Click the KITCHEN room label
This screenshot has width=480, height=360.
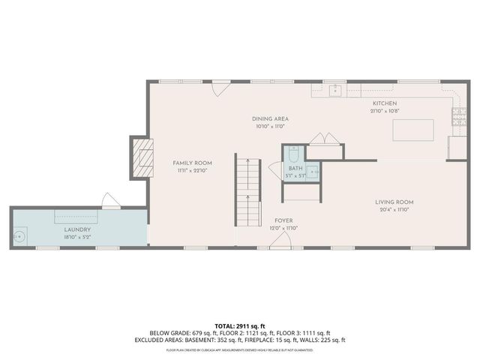pos(385,103)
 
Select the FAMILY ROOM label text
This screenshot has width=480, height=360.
pos(192,163)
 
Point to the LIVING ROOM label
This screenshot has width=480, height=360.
pos(394,202)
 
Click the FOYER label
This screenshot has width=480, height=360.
pos(283,220)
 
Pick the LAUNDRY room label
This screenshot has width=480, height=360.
pos(77,229)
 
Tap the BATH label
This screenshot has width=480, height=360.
pos(295,169)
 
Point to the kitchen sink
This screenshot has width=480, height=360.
pos(335,90)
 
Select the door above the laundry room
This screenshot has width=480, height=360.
pos(110,200)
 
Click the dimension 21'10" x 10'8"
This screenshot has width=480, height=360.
pos(385,111)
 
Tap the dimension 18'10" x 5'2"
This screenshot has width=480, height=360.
pos(77,237)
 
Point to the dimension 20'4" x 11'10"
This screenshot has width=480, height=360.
pos(394,210)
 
